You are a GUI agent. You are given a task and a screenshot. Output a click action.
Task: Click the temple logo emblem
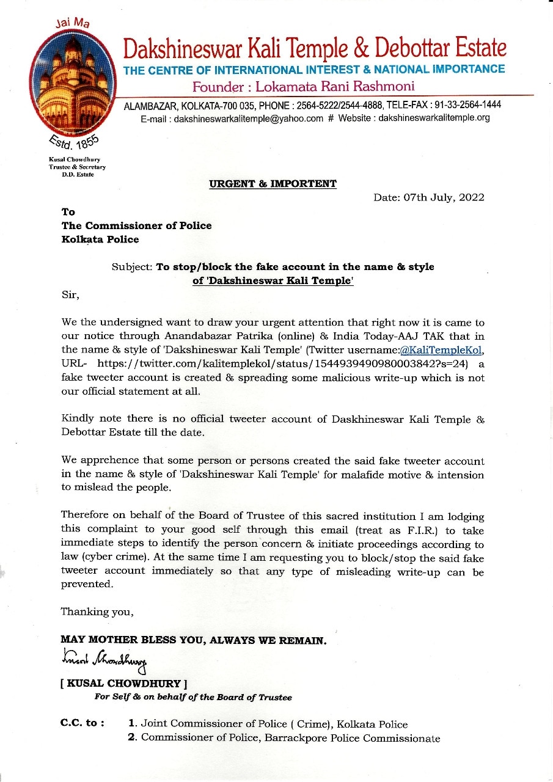click(x=74, y=82)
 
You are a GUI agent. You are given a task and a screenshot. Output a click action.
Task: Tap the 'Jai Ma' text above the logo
click(x=72, y=23)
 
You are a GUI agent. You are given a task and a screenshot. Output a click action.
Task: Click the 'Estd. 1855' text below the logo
click(x=72, y=142)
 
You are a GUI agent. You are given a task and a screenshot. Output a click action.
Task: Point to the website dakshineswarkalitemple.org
click(x=434, y=118)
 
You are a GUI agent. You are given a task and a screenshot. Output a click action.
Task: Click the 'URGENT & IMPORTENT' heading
click(x=273, y=183)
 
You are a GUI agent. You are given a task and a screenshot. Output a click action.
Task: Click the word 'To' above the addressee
click(x=68, y=212)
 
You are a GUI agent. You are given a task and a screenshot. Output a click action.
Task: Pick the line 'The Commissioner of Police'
click(x=136, y=225)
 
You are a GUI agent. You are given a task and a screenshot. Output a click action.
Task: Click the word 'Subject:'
click(x=132, y=267)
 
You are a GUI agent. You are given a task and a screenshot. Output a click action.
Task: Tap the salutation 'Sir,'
click(x=71, y=294)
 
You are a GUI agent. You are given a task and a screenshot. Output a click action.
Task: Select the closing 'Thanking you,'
click(x=97, y=612)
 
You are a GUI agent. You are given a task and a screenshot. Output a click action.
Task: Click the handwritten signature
click(x=103, y=658)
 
